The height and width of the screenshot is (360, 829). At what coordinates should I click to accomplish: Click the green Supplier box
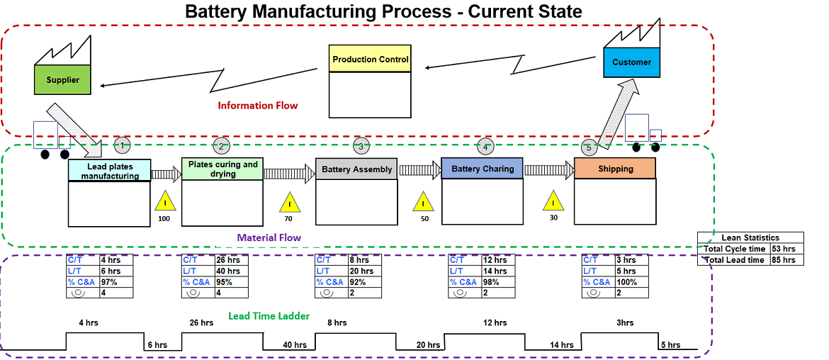[62, 79]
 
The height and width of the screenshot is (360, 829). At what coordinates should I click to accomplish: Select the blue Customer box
[631, 62]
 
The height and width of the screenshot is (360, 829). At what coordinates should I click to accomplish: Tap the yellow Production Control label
[371, 60]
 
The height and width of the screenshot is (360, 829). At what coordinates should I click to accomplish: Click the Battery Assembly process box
[356, 169]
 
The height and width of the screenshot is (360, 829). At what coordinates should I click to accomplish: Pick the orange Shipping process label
[614, 169]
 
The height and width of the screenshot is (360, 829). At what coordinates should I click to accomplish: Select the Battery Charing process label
[482, 169]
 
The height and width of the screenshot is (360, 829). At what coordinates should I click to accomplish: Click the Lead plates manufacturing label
[109, 171]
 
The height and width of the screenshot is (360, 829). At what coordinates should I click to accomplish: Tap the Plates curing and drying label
[222, 169]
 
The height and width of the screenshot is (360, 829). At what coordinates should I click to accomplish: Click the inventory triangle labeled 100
[164, 203]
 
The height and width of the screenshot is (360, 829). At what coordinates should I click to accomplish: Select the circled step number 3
[361, 147]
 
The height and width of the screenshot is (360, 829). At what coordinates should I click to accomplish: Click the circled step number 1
[123, 145]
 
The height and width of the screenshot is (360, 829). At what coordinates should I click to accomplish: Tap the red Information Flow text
[257, 106]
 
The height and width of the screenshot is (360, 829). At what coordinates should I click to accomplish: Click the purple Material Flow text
[269, 237]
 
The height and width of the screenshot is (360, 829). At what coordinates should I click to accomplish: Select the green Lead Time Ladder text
[269, 316]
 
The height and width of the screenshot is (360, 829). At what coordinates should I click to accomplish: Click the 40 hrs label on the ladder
[294, 345]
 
